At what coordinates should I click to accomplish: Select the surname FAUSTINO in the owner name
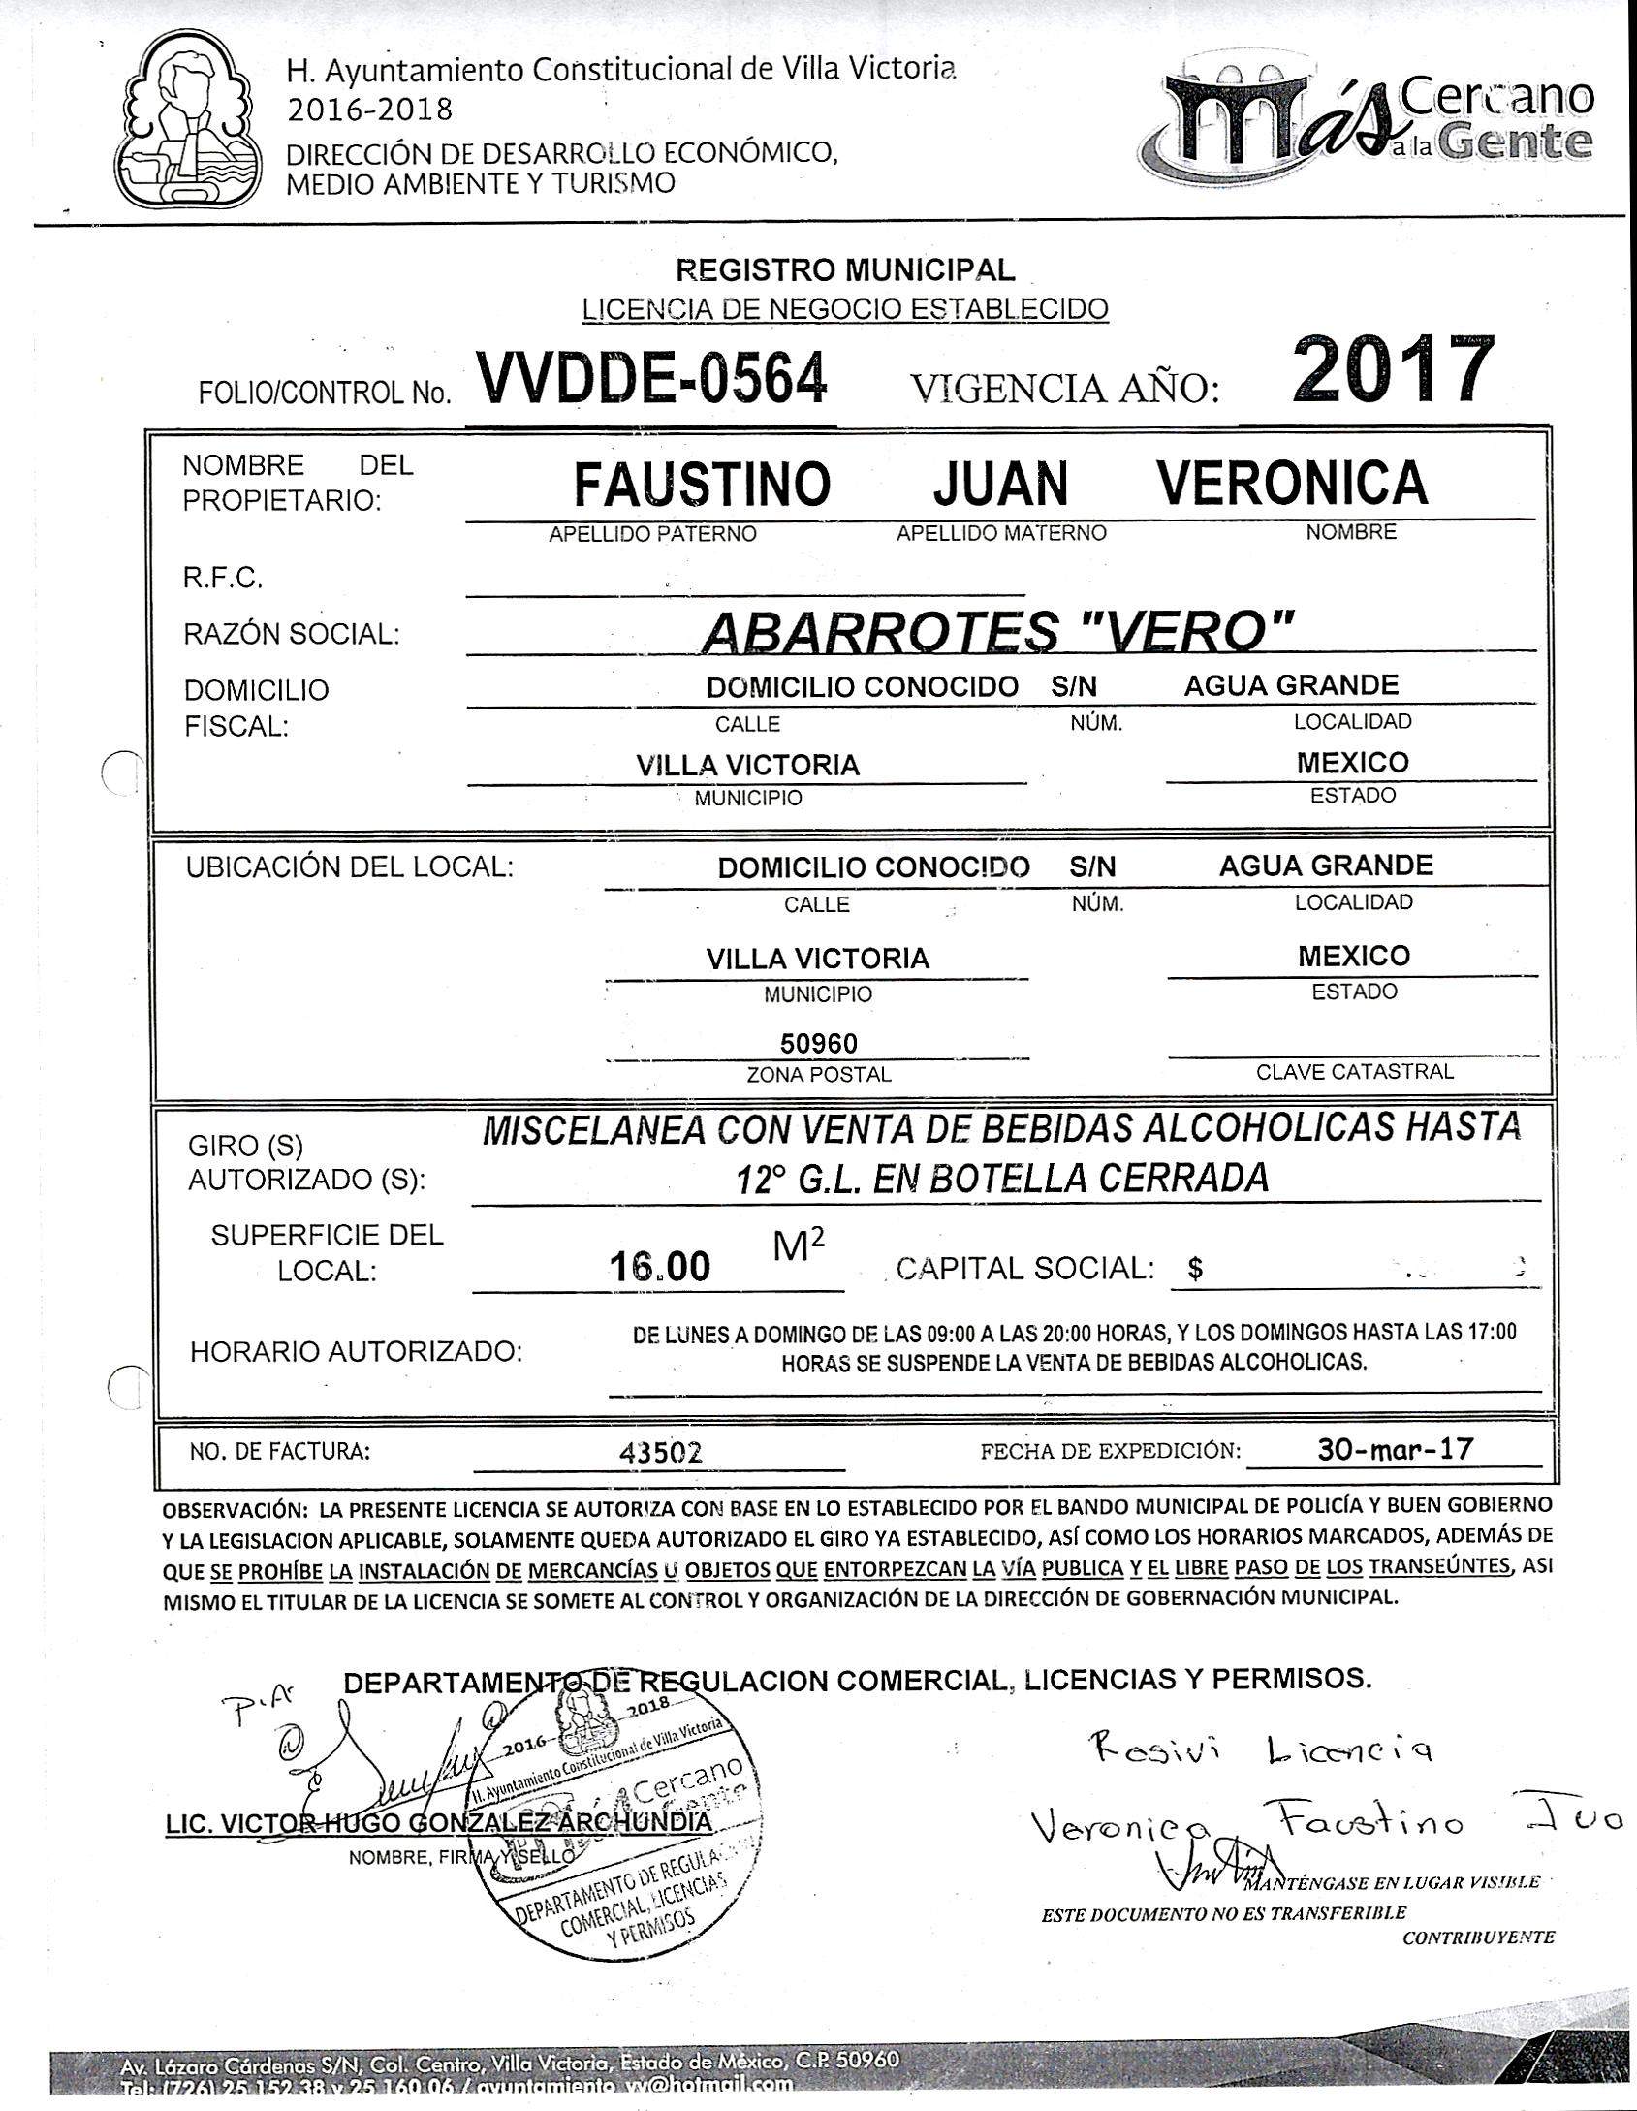(x=702, y=484)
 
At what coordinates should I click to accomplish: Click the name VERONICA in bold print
(x=1293, y=483)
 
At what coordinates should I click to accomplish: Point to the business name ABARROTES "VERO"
(x=996, y=634)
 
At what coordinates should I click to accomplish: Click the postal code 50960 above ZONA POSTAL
(x=819, y=1044)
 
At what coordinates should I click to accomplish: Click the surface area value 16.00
(x=660, y=1266)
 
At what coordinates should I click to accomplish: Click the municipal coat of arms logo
(x=190, y=119)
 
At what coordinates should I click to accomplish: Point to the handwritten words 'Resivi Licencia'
(x=1260, y=1749)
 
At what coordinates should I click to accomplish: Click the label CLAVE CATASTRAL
(x=1354, y=1072)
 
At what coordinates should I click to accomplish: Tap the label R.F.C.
(x=222, y=580)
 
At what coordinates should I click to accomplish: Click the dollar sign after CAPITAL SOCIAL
(x=1196, y=1269)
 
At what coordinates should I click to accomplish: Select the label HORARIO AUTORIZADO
(x=356, y=1351)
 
